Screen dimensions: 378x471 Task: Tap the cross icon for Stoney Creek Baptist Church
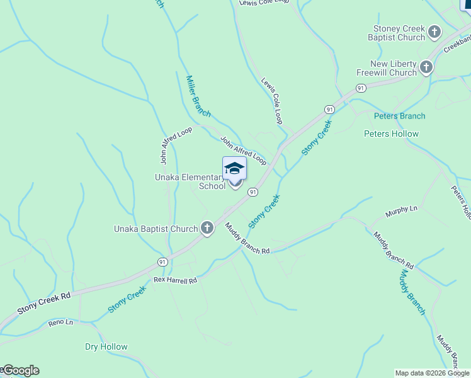[434, 32]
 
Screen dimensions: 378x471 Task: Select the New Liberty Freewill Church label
[387, 68]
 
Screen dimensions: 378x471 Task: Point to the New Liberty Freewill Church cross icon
[426, 67]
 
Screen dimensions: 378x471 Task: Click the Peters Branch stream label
[399, 116]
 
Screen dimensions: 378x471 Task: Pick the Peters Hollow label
[391, 134]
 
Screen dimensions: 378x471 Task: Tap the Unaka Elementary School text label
[190, 181]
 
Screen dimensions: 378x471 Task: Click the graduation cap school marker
[234, 168]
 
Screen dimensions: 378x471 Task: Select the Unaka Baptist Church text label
[156, 229]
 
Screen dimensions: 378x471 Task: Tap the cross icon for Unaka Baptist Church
[207, 228]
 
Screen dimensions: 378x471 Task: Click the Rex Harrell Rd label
[176, 279]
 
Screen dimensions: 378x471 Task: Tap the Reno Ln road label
[60, 323]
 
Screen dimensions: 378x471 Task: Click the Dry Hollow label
[106, 346]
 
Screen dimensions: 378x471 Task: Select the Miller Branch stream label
[198, 96]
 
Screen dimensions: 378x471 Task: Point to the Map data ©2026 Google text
[432, 373]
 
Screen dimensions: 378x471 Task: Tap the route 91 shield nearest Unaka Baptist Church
[162, 261]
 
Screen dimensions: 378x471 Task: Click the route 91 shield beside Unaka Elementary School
[253, 191]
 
